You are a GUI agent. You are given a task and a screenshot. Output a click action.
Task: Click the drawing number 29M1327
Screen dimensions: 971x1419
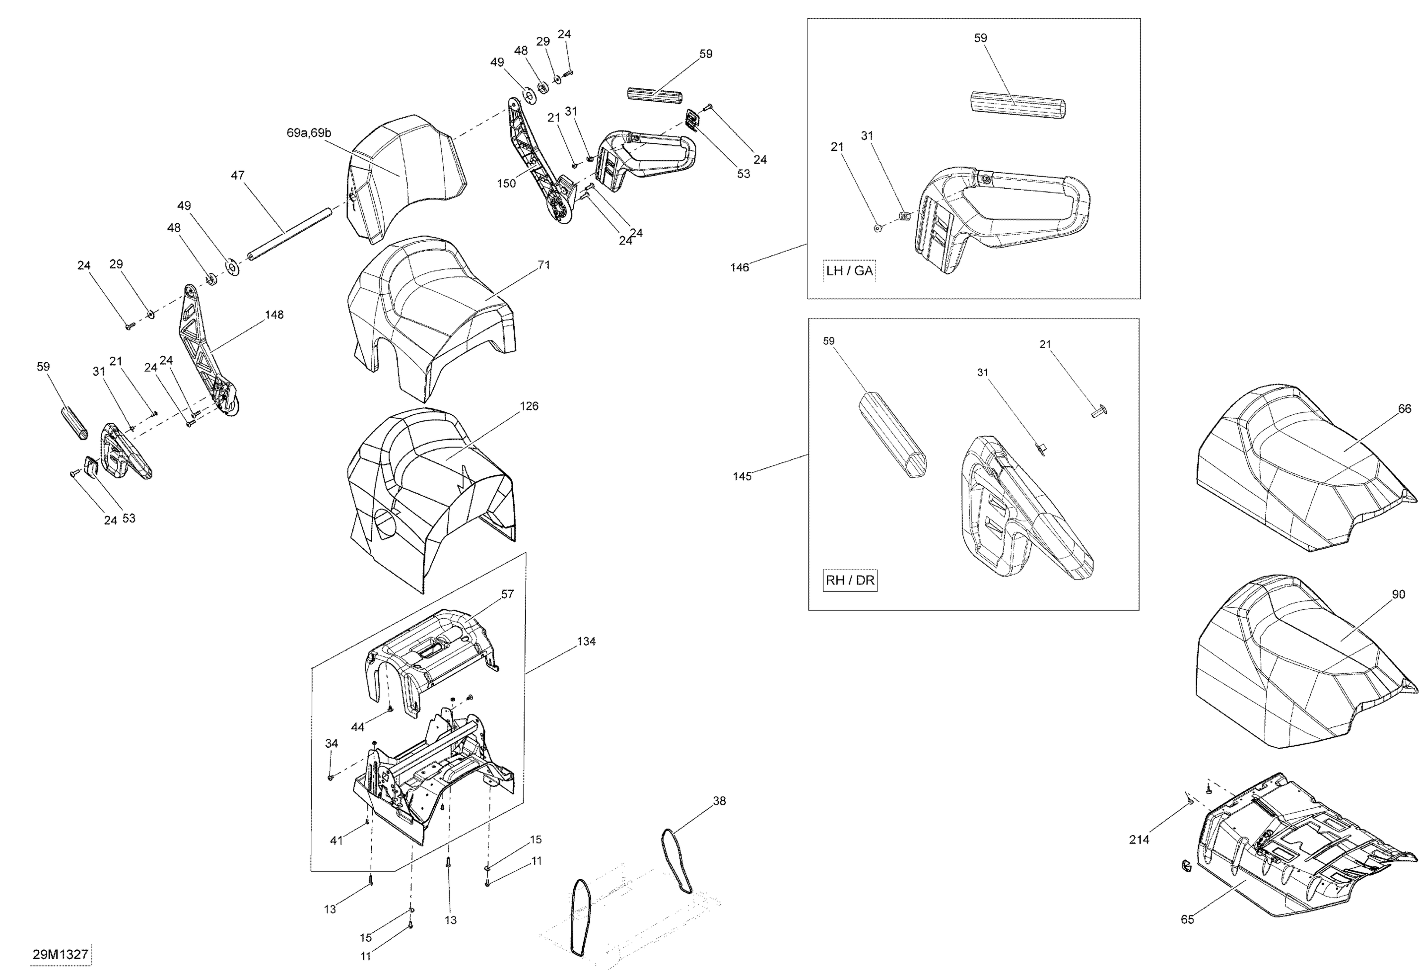[61, 954]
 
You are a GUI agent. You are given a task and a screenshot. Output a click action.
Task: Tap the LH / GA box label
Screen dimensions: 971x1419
[850, 271]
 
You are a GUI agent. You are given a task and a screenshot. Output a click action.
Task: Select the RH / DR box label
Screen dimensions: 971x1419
[850, 580]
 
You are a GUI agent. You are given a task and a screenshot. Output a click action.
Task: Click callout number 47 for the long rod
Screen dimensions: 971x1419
[237, 176]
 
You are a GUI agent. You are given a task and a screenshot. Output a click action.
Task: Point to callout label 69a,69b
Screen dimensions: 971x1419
[309, 133]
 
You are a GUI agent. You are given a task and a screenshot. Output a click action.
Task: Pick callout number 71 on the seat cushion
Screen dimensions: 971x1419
[543, 265]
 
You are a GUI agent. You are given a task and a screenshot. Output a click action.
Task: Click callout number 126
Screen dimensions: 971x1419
[529, 406]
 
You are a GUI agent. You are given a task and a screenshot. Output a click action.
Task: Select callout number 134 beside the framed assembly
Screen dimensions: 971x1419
[586, 641]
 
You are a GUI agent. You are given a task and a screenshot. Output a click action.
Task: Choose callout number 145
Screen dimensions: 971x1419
[742, 476]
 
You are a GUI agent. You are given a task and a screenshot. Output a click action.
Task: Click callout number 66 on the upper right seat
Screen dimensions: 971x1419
[1404, 409]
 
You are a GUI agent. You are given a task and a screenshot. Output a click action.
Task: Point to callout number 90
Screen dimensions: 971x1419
[1398, 594]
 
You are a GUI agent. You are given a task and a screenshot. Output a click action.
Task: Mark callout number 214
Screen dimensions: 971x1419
[1139, 840]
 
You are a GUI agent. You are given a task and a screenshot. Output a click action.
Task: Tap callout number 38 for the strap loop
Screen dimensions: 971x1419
[719, 801]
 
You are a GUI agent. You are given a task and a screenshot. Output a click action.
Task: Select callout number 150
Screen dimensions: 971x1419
[506, 183]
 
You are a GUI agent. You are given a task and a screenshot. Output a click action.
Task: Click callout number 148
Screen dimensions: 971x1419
[274, 315]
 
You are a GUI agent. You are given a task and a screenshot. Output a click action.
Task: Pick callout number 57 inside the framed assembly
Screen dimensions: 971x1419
[508, 594]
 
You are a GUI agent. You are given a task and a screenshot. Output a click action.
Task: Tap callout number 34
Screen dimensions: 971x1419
[331, 743]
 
